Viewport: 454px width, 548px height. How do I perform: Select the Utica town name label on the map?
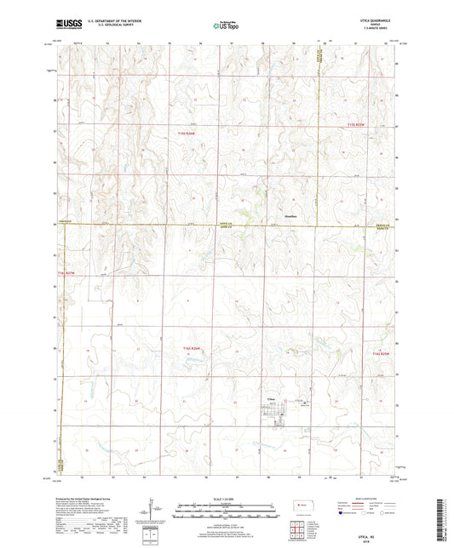pyautogui.click(x=270, y=397)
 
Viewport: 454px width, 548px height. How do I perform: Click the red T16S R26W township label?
pyautogui.click(x=195, y=349)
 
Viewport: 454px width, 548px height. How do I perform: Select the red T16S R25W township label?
pyautogui.click(x=378, y=353)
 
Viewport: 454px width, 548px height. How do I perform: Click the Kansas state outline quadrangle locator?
pyautogui.click(x=302, y=507)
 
